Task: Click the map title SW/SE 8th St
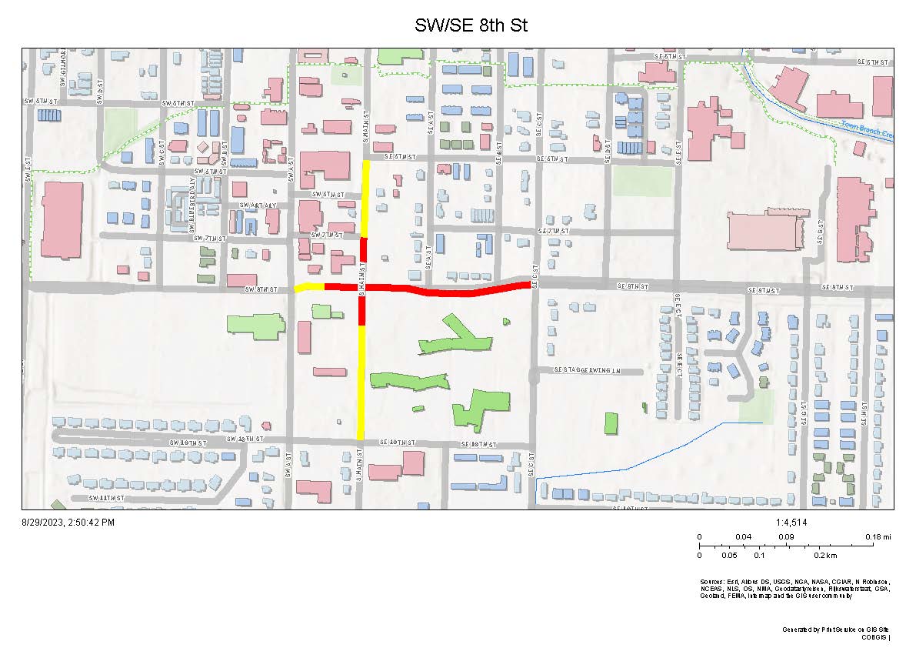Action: pyautogui.click(x=471, y=25)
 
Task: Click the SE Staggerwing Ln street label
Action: pyautogui.click(x=587, y=371)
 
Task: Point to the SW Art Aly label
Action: pyautogui.click(x=257, y=205)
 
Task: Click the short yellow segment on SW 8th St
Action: pyautogui.click(x=309, y=287)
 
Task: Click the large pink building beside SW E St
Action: pyautogui.click(x=62, y=220)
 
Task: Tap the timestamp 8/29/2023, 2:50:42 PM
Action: pyautogui.click(x=68, y=523)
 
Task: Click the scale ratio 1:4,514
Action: pyautogui.click(x=791, y=523)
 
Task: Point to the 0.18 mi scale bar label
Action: pyautogui.click(x=871, y=536)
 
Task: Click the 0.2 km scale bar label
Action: pyautogui.click(x=825, y=555)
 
